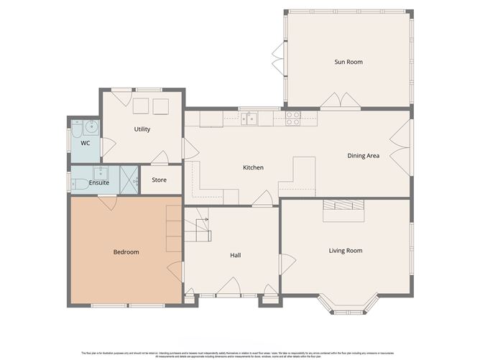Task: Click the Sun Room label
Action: (x=348, y=63)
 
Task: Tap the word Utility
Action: (x=142, y=129)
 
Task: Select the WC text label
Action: (x=85, y=143)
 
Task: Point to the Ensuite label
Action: (x=99, y=183)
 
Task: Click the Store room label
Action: (x=159, y=180)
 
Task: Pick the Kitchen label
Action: (x=253, y=167)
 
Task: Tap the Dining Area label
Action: (x=363, y=155)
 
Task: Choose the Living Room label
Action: (x=345, y=251)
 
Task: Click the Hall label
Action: (x=235, y=255)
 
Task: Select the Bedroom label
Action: (x=126, y=252)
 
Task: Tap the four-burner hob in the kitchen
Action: (x=293, y=119)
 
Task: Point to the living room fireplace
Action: (x=343, y=205)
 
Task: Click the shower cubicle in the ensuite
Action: (x=129, y=177)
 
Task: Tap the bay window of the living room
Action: (x=347, y=305)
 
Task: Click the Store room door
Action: (x=159, y=158)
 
